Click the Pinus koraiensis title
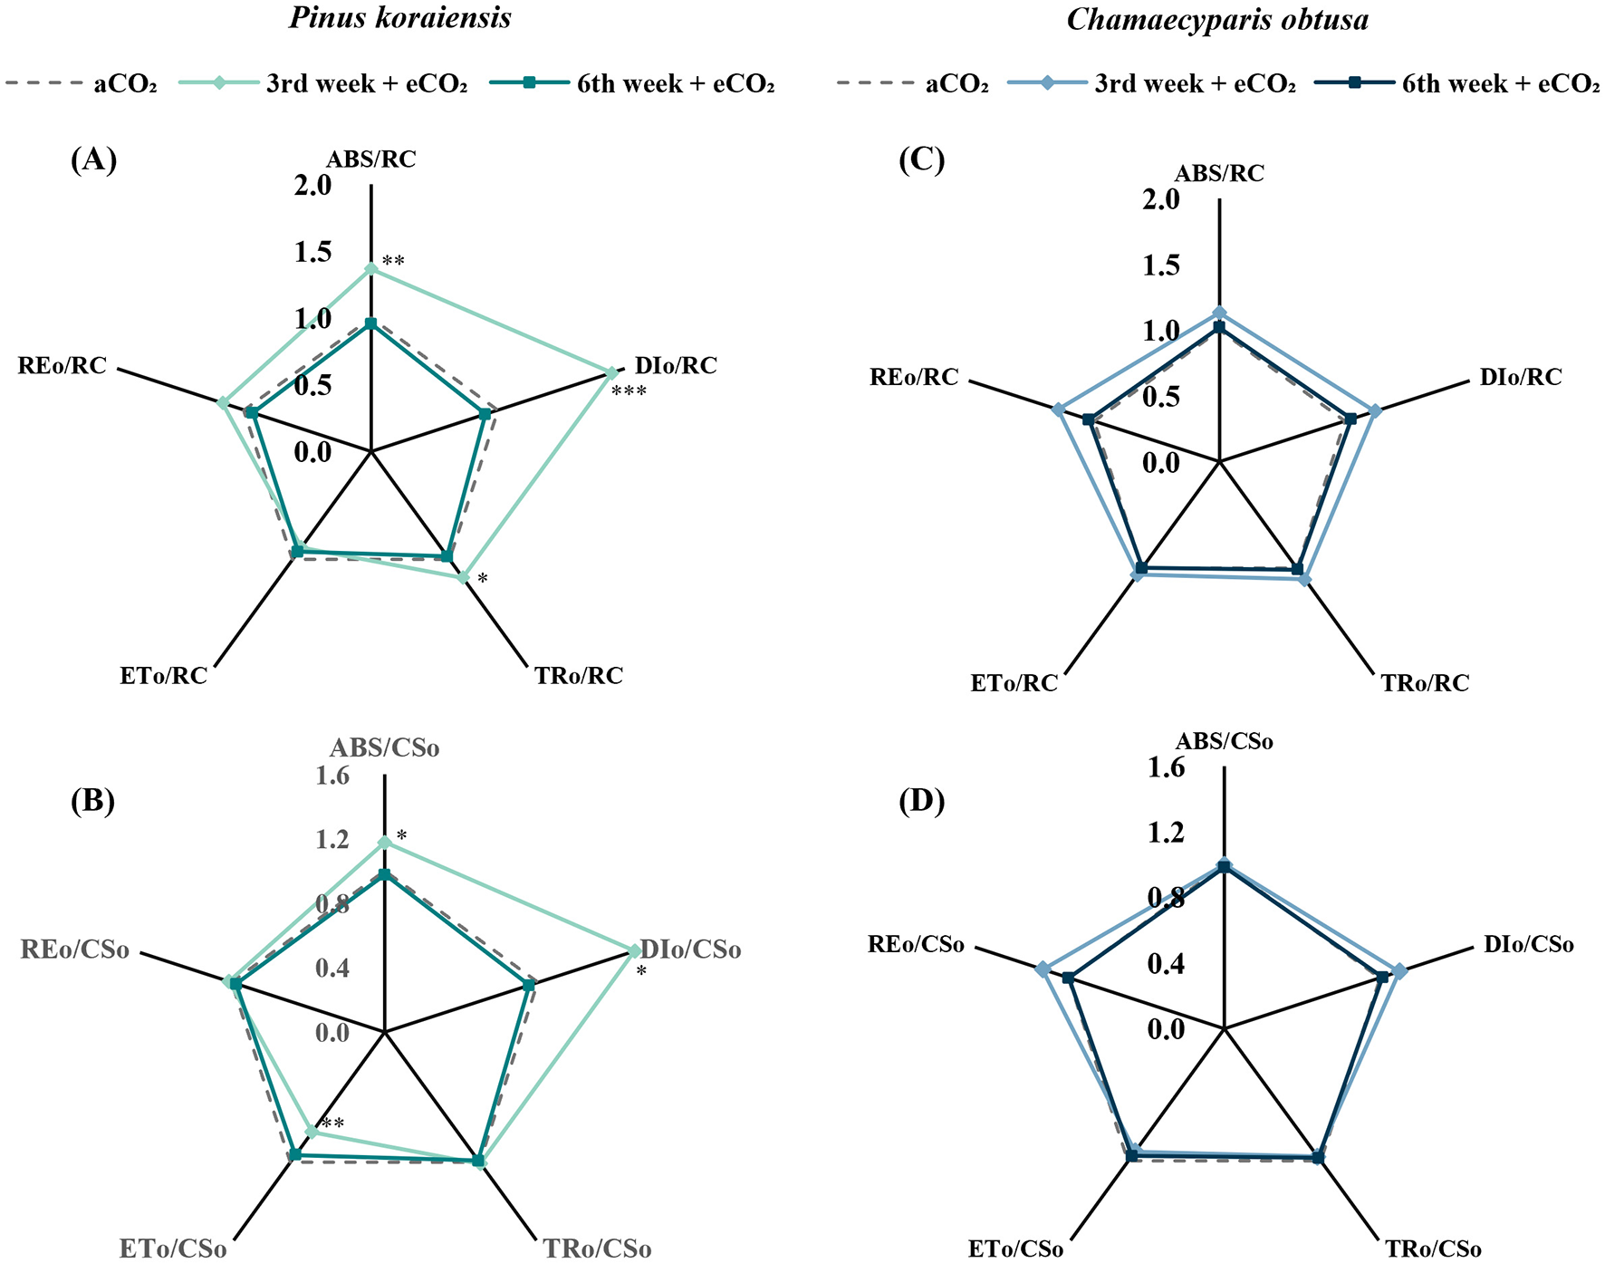click(399, 18)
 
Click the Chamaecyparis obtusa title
click(1217, 20)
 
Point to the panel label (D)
click(921, 801)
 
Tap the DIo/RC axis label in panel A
click(676, 366)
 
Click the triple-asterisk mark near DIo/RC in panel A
click(629, 392)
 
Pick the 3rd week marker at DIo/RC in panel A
click(611, 372)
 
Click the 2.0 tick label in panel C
click(1160, 199)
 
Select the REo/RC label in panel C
click(914, 377)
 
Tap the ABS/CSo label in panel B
click(384, 748)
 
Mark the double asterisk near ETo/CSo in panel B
click(332, 1124)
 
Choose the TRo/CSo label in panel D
click(1433, 1249)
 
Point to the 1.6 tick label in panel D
click(1166, 768)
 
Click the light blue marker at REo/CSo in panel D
click(1043, 969)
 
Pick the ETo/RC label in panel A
click(163, 676)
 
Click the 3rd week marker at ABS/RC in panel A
click(370, 269)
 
